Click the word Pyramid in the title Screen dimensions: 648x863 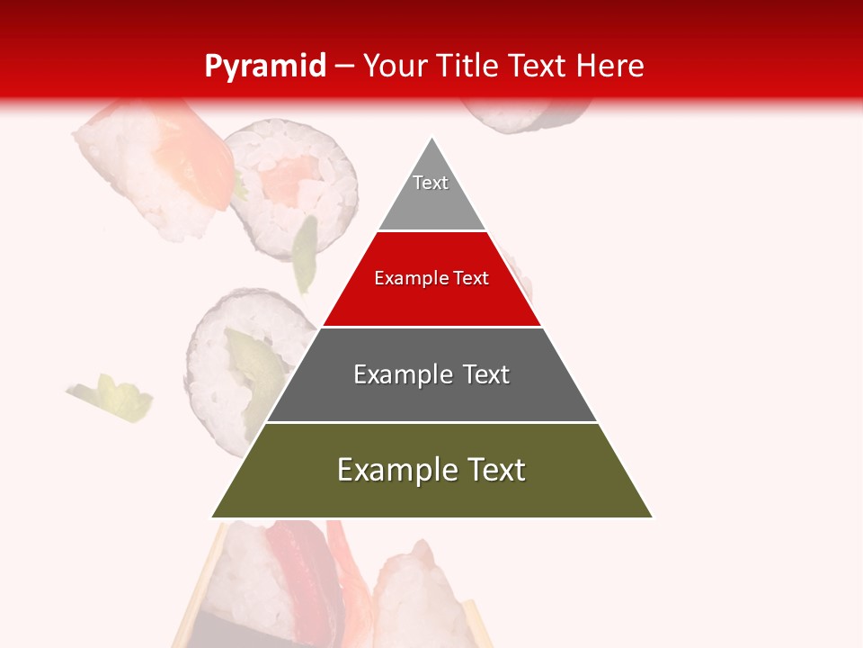click(x=265, y=66)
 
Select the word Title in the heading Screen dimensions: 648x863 click(x=467, y=66)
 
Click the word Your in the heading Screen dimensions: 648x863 click(x=396, y=66)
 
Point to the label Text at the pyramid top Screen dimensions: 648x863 click(x=431, y=183)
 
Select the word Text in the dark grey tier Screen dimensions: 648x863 click(x=486, y=374)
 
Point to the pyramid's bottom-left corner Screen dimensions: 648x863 click(x=213, y=517)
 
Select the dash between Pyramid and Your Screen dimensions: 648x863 click(x=344, y=66)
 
